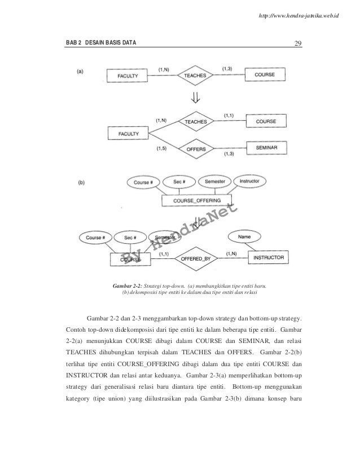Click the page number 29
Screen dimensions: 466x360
click(298, 43)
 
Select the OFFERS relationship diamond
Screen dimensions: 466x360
click(195, 148)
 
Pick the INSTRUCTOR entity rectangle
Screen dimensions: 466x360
click(269, 257)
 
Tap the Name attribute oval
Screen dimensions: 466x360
click(244, 238)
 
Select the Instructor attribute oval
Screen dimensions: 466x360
click(249, 182)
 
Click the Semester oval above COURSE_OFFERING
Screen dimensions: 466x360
click(214, 182)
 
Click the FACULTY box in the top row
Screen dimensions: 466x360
click(128, 75)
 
